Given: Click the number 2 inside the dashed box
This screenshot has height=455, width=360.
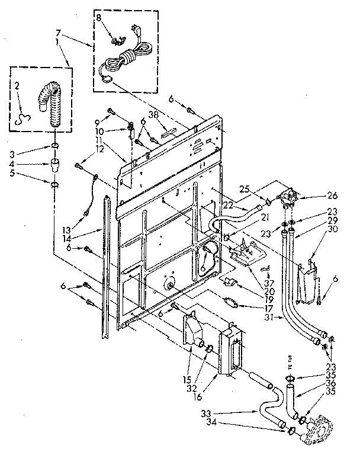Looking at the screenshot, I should [x=17, y=86].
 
